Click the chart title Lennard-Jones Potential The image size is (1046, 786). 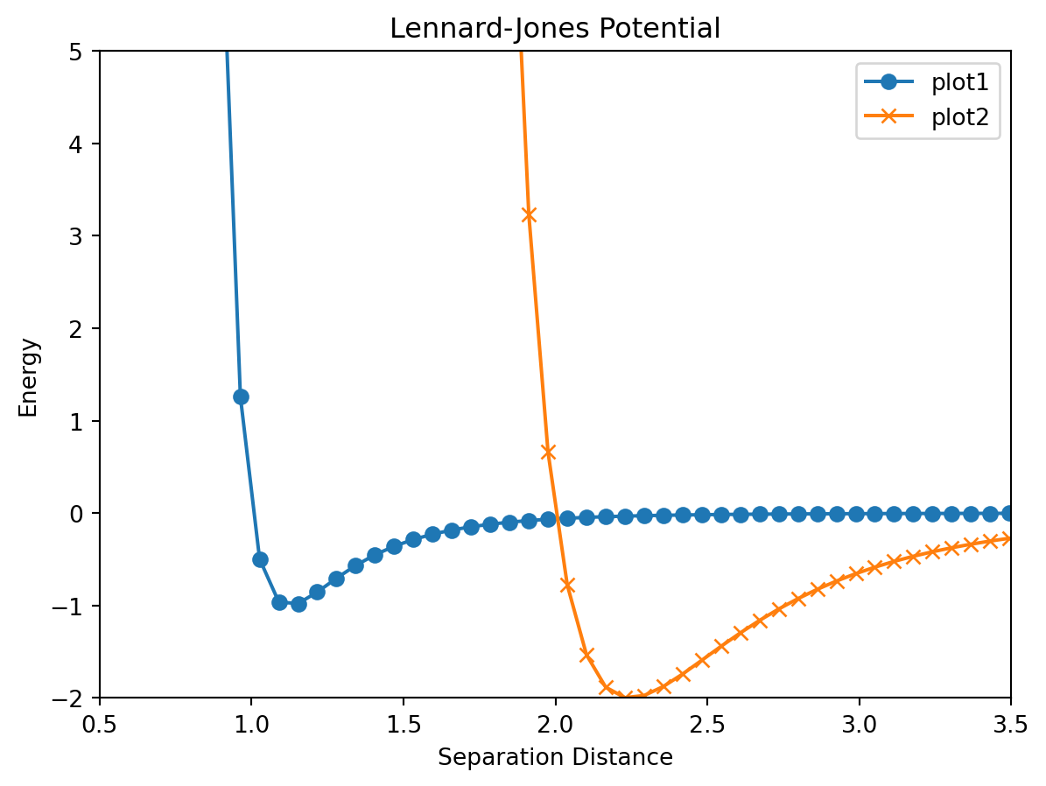tap(555, 29)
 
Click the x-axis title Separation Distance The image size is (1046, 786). tap(555, 757)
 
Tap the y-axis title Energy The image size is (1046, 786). tap(29, 377)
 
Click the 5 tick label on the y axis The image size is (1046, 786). tap(82, 52)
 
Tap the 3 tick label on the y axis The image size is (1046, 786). tap(82, 236)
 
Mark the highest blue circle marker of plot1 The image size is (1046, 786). tap(241, 397)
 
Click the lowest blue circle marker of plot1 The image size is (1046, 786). tap(298, 604)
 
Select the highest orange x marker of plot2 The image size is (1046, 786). tap(529, 214)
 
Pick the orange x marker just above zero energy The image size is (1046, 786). tap(548, 453)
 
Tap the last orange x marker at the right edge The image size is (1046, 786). tap(1009, 538)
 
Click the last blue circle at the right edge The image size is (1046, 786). tap(1009, 514)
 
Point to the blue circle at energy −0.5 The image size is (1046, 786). tap(260, 559)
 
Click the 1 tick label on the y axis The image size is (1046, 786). tap(82, 421)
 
